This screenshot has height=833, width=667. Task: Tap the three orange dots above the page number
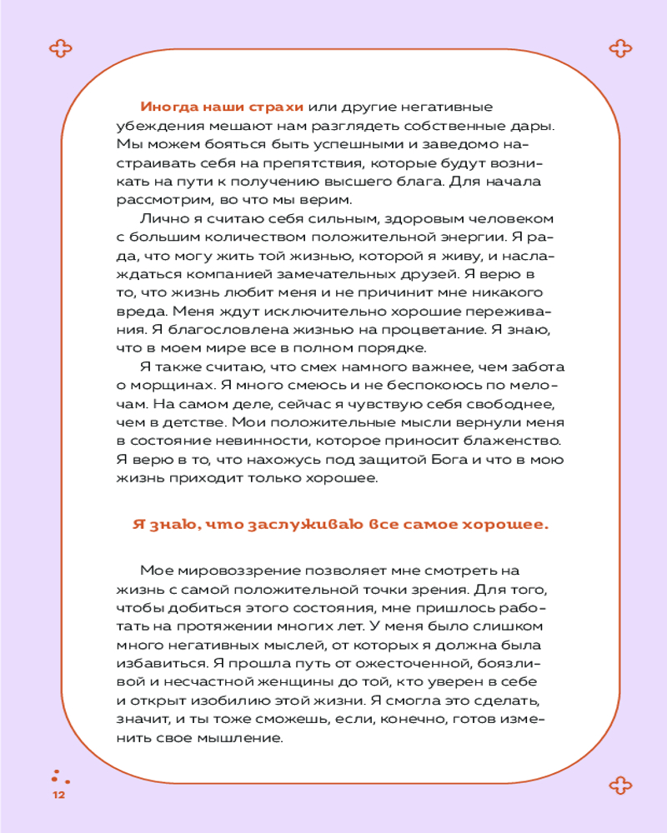click(58, 776)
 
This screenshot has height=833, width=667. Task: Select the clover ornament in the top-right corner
click(620, 48)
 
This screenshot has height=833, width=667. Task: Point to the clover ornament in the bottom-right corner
click(620, 783)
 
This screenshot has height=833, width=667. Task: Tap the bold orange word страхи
click(278, 107)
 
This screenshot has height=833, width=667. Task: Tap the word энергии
click(460, 237)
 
